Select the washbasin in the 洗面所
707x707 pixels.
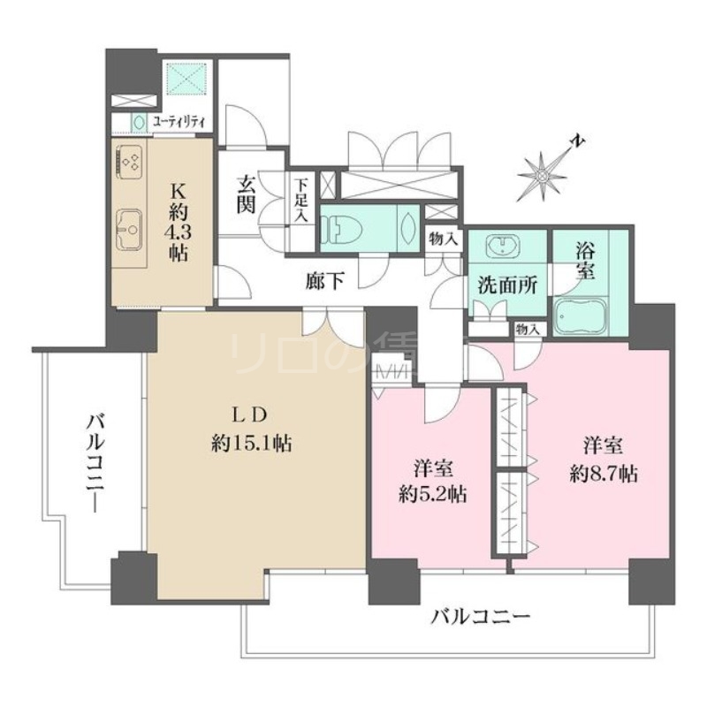pos(504,247)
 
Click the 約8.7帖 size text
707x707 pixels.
pos(603,474)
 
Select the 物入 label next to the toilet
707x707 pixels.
pos(442,238)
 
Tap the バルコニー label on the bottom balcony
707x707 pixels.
pos(480,616)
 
